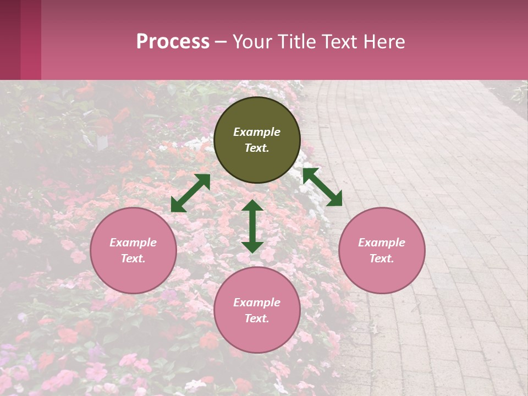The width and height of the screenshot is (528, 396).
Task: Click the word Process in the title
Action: point(173,42)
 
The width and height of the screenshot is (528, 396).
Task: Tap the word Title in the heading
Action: point(296,42)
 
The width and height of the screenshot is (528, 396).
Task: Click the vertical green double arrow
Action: point(252,226)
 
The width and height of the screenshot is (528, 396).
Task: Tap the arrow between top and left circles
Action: point(191,193)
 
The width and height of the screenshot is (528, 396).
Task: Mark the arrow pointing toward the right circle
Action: point(323,187)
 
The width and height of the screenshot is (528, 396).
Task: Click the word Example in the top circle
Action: point(257,132)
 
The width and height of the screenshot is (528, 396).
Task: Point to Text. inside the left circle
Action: point(133,258)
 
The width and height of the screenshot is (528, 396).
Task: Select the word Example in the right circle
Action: point(382,243)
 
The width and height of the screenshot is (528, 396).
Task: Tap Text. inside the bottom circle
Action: point(257,318)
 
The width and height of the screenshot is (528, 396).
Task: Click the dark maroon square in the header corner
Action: point(10,40)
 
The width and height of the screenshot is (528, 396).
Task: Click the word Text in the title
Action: point(338,42)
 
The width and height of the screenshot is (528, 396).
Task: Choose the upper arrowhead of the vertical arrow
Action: point(252,206)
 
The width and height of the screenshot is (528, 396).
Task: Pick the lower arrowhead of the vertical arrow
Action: point(252,246)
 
